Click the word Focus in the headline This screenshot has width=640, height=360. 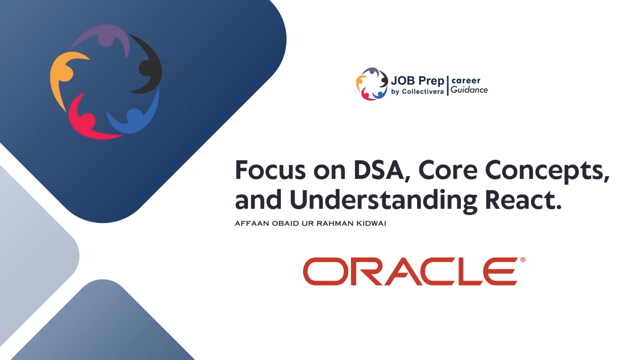click(x=270, y=170)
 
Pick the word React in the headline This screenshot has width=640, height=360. click(x=523, y=200)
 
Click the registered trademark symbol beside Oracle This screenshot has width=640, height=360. click(x=523, y=260)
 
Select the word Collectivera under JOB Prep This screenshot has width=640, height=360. click(x=423, y=92)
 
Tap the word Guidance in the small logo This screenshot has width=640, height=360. click(x=469, y=90)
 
